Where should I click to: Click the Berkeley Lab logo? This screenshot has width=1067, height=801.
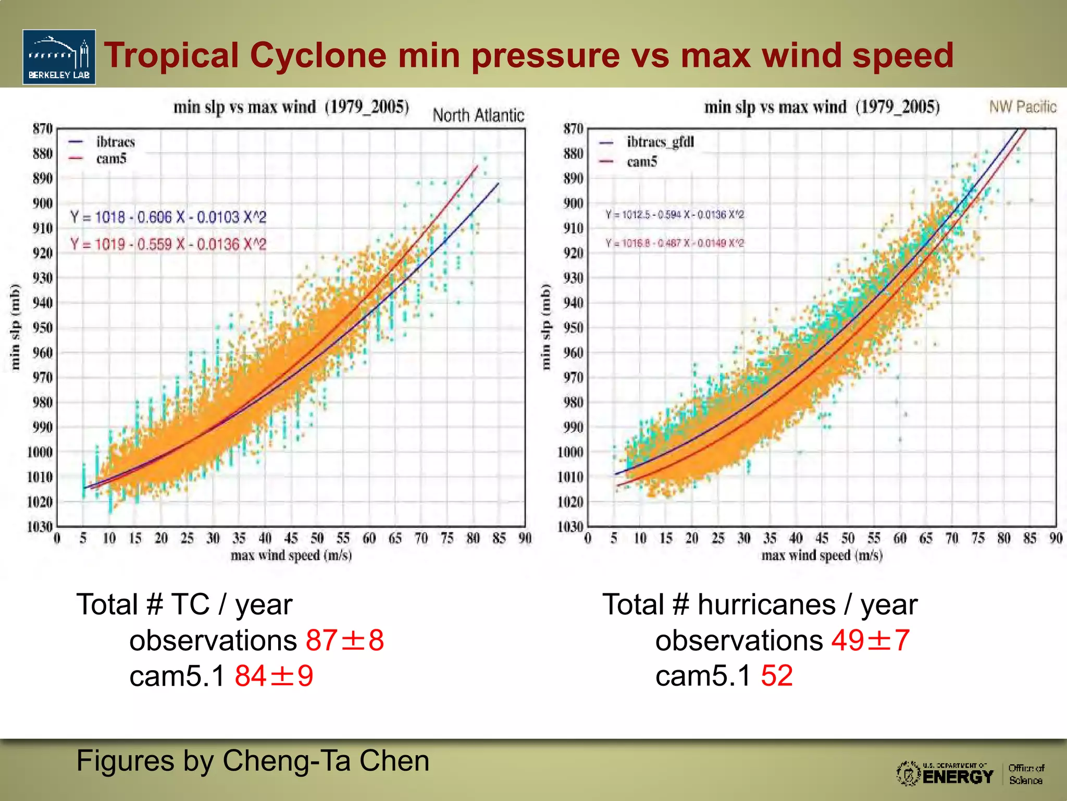[59, 57]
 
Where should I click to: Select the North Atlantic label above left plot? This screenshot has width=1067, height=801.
[478, 115]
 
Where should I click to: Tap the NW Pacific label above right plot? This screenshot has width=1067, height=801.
[1022, 107]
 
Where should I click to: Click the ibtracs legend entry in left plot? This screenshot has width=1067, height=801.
[115, 142]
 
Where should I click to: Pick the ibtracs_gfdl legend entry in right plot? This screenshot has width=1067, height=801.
[660, 142]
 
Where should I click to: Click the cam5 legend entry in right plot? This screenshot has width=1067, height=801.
[641, 162]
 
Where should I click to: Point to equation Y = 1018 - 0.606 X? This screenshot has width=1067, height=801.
[168, 217]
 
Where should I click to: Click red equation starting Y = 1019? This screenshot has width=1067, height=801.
[168, 244]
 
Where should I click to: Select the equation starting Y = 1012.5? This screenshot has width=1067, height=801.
[674, 214]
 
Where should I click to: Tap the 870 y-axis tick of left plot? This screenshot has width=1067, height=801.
[42, 129]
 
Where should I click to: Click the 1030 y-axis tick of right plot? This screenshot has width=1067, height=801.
[570, 527]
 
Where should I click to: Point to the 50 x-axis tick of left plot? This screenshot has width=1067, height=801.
[317, 538]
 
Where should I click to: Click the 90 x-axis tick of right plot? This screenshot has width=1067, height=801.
[1056, 538]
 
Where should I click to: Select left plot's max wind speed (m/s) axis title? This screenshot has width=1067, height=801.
[291, 556]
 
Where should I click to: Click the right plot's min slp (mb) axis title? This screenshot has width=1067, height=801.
[545, 327]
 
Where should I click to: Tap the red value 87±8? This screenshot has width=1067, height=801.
[344, 640]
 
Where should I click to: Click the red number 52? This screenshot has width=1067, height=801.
[776, 676]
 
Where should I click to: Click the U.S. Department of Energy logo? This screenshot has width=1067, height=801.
[945, 774]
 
